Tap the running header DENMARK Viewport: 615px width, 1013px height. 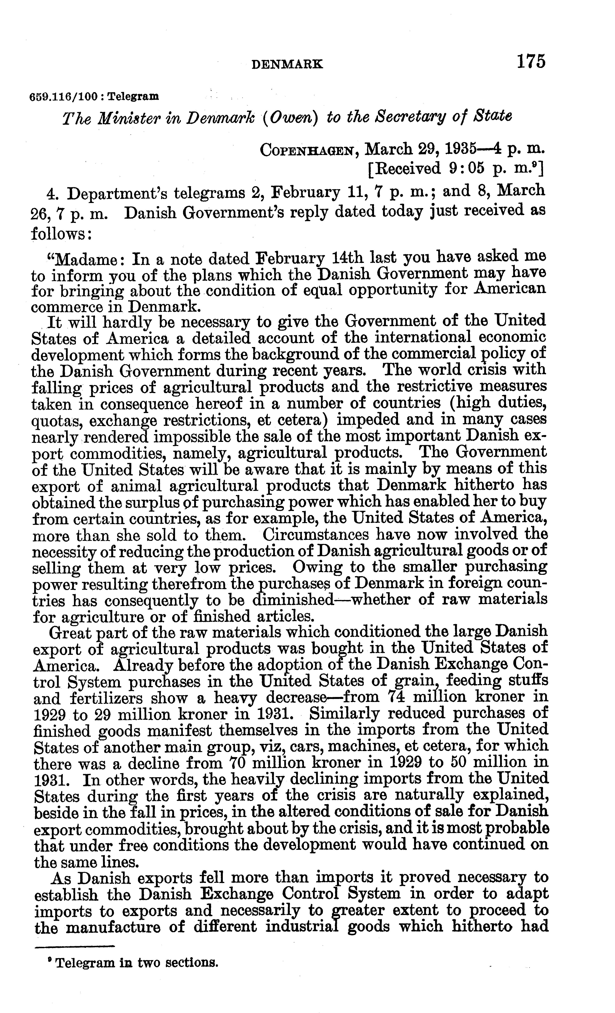(287, 64)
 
